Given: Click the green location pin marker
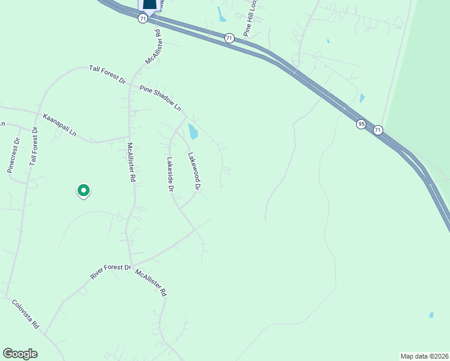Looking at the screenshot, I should [x=84, y=191].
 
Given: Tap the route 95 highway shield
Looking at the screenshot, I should [x=361, y=124].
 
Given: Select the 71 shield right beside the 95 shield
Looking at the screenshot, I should [x=377, y=130].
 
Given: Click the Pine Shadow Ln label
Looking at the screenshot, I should [x=160, y=98].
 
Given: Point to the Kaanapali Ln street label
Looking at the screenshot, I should [x=60, y=123].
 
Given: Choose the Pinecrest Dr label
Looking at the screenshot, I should [x=14, y=155].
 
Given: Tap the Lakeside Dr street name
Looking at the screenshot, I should [x=170, y=174].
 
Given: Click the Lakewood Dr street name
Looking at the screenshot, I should [x=193, y=171].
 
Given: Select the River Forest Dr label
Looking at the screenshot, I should [x=110, y=271].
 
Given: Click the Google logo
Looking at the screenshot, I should [x=20, y=354].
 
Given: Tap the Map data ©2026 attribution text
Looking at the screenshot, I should [x=424, y=356].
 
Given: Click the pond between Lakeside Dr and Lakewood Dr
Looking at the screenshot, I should [x=193, y=131].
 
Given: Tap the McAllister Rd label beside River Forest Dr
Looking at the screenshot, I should [x=150, y=283].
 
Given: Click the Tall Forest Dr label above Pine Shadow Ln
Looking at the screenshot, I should [x=107, y=75].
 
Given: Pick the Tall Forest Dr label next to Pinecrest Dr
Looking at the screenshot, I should [x=34, y=146].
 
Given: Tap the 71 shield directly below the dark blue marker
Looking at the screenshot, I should [x=143, y=19].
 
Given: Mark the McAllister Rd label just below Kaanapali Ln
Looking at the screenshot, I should [x=131, y=162].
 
